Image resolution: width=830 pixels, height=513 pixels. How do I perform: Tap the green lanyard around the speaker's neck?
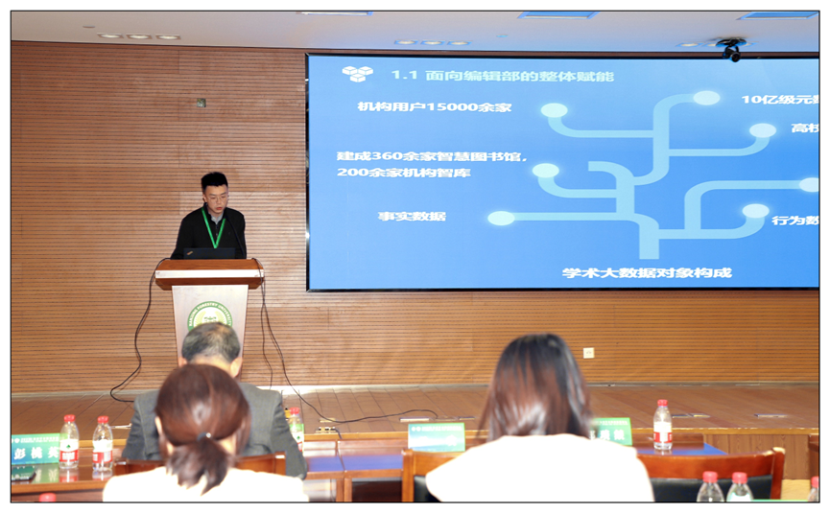click(x=216, y=230)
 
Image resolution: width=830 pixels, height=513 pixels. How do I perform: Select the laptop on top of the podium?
click(x=209, y=253)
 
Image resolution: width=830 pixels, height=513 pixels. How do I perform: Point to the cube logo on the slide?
click(x=357, y=74)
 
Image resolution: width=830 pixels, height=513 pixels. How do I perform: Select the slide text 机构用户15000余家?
click(x=434, y=106)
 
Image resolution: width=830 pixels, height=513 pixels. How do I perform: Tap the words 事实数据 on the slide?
click(x=412, y=217)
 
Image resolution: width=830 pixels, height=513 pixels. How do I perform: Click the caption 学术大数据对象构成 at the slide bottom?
click(x=647, y=272)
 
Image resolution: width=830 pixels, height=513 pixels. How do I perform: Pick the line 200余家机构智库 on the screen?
click(x=403, y=173)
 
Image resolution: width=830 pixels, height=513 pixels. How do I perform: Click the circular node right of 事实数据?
click(x=501, y=218)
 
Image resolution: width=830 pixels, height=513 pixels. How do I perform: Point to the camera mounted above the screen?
click(x=731, y=49)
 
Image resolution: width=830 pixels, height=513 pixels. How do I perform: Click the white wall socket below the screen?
click(x=588, y=352)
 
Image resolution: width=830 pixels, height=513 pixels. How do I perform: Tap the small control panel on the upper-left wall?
click(x=201, y=103)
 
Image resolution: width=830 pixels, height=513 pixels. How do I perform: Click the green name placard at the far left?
click(x=35, y=448)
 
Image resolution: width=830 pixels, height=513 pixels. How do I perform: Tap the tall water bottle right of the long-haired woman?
click(x=662, y=426)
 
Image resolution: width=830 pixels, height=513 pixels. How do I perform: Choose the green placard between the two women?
click(x=437, y=436)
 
